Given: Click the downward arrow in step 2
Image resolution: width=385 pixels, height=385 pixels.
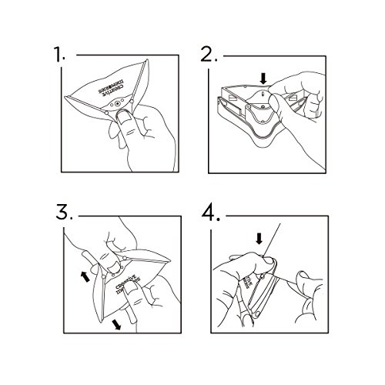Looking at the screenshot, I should (x=263, y=78).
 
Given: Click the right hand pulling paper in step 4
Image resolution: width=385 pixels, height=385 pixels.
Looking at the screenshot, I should (x=308, y=296).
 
